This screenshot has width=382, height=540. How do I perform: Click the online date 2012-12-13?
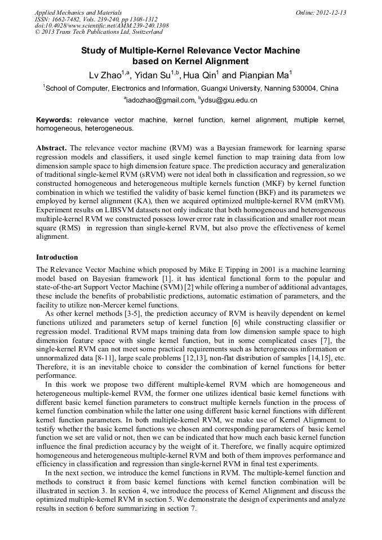[325, 12]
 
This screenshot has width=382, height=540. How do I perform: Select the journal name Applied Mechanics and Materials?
[78, 12]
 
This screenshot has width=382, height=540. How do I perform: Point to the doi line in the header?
[101, 25]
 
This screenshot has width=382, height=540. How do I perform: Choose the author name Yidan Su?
[152, 75]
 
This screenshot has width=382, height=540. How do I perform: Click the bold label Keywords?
[54, 120]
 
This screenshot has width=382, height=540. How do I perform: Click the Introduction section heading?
[57, 257]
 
